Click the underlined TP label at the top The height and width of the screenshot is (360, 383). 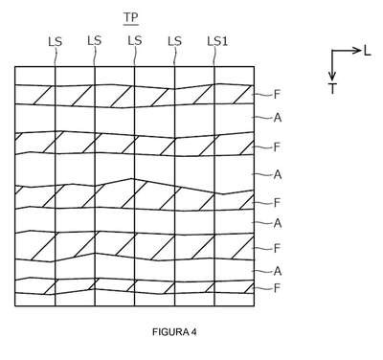tap(131, 17)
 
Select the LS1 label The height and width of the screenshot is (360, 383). tap(217, 41)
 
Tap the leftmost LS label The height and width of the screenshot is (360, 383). tap(55, 41)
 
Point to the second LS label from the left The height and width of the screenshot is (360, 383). tap(95, 40)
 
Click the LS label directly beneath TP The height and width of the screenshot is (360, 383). tap(134, 40)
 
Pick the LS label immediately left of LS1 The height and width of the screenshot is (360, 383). tap(174, 41)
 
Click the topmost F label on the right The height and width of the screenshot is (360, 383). tap(277, 95)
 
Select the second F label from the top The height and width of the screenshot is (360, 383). tap(277, 147)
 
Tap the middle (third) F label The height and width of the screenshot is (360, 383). tap(277, 202)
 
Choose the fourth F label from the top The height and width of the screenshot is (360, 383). tap(277, 248)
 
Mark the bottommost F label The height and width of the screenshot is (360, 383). tap(277, 288)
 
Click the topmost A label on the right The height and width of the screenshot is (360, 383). tap(278, 118)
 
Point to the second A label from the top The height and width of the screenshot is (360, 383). tap(278, 174)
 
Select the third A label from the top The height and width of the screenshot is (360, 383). tap(278, 223)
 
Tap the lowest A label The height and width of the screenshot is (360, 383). tap(278, 271)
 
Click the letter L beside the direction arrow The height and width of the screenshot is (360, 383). tap(368, 51)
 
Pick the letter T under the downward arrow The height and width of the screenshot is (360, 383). tap(332, 88)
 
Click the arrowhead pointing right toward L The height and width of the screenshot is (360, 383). tap(357, 51)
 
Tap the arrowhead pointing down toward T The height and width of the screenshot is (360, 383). tap(332, 76)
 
